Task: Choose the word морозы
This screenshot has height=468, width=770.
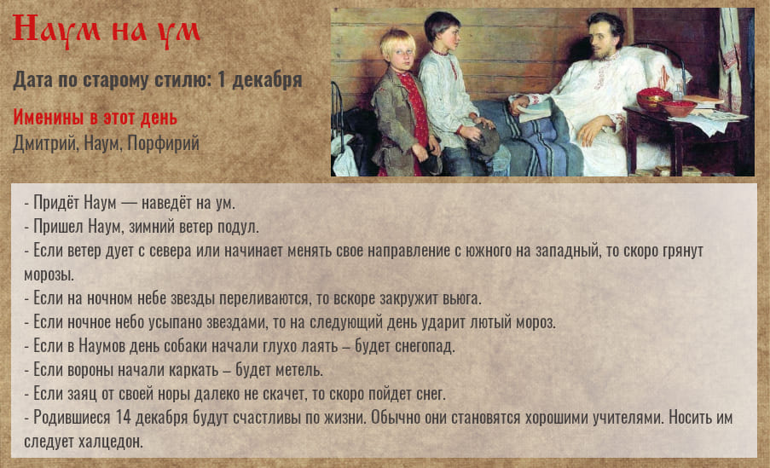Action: pos(49,275)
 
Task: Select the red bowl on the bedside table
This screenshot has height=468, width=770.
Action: pos(680,108)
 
